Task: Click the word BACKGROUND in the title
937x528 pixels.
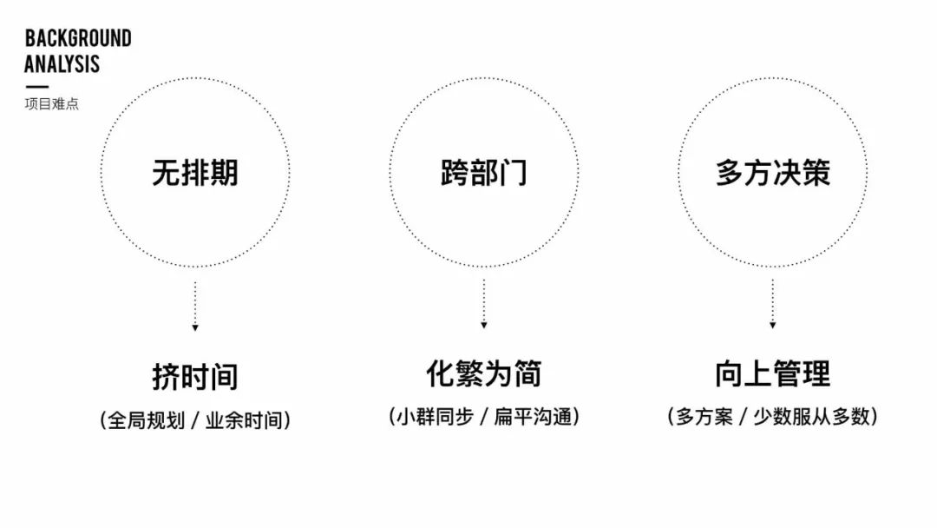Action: point(78,38)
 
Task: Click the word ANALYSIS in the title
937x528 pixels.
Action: point(62,64)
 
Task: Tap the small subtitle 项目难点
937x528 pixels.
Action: point(51,104)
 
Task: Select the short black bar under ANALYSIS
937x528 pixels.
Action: point(36,87)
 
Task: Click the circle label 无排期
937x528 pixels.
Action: point(195,173)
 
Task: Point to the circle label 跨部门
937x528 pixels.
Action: point(483,173)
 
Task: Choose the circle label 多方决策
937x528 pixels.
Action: point(772,172)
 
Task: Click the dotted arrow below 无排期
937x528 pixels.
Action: point(195,305)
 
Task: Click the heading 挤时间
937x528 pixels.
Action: point(195,377)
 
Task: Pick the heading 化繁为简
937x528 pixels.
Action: point(483,373)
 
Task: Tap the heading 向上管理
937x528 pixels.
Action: point(772,373)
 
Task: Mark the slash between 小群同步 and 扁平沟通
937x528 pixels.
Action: point(484,417)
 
